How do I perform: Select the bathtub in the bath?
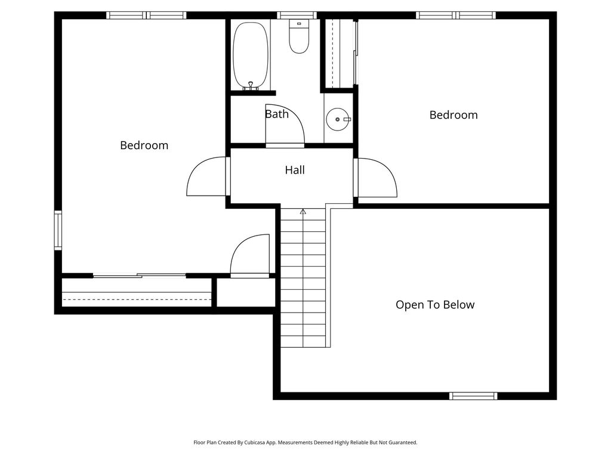pos(251,55)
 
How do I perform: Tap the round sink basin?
pos(338,119)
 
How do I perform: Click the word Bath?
pos(277,114)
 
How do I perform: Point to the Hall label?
pos(295,170)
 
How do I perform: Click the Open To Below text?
pos(435,305)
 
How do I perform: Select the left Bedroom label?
pos(144,146)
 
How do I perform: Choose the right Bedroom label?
pos(453,115)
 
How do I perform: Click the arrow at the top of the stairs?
pos(303,212)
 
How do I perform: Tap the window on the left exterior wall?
pos(58,230)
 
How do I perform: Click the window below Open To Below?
pos(473,396)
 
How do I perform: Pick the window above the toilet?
pos(297,15)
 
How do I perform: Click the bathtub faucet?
pos(251,85)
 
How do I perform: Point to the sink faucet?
pos(346,119)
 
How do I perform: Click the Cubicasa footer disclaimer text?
pos(305,442)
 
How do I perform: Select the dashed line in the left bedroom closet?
pos(137,299)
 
